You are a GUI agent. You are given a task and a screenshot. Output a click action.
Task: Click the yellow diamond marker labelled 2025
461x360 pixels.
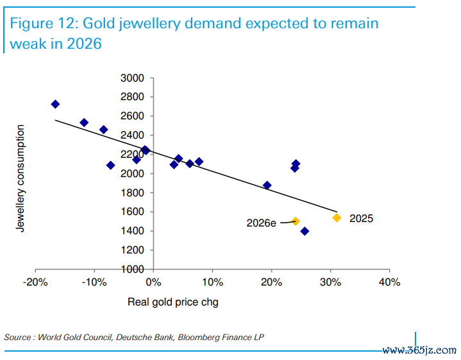tap(337, 218)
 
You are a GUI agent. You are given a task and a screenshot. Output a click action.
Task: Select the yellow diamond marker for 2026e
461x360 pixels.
tap(296, 221)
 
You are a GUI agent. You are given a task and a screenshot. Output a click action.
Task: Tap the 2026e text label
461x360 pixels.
tap(262, 223)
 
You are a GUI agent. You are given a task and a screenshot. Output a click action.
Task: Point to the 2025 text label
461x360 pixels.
tap(361, 218)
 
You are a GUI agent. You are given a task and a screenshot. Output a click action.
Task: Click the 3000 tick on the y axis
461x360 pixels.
tap(134, 78)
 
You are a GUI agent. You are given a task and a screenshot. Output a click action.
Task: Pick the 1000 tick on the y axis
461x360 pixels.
tap(134, 269)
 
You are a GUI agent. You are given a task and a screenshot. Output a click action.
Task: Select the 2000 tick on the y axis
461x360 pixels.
tap(134, 174)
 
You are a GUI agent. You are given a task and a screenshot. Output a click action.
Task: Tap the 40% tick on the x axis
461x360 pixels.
tap(389, 282)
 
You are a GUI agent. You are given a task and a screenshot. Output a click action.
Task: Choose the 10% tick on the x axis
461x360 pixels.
tap(212, 282)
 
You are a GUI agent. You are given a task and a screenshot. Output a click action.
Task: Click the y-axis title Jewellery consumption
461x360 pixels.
tap(21, 178)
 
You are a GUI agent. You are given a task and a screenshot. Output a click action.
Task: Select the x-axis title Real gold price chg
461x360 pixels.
tap(173, 302)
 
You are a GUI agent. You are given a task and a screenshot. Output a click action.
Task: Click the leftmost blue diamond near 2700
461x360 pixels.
tap(55, 104)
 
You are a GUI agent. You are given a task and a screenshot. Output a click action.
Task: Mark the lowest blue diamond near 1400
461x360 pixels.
tap(305, 231)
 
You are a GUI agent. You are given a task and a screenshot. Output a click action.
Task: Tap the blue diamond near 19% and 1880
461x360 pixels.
tap(267, 185)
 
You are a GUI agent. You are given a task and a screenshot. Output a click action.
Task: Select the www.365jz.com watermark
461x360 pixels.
tap(419, 350)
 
